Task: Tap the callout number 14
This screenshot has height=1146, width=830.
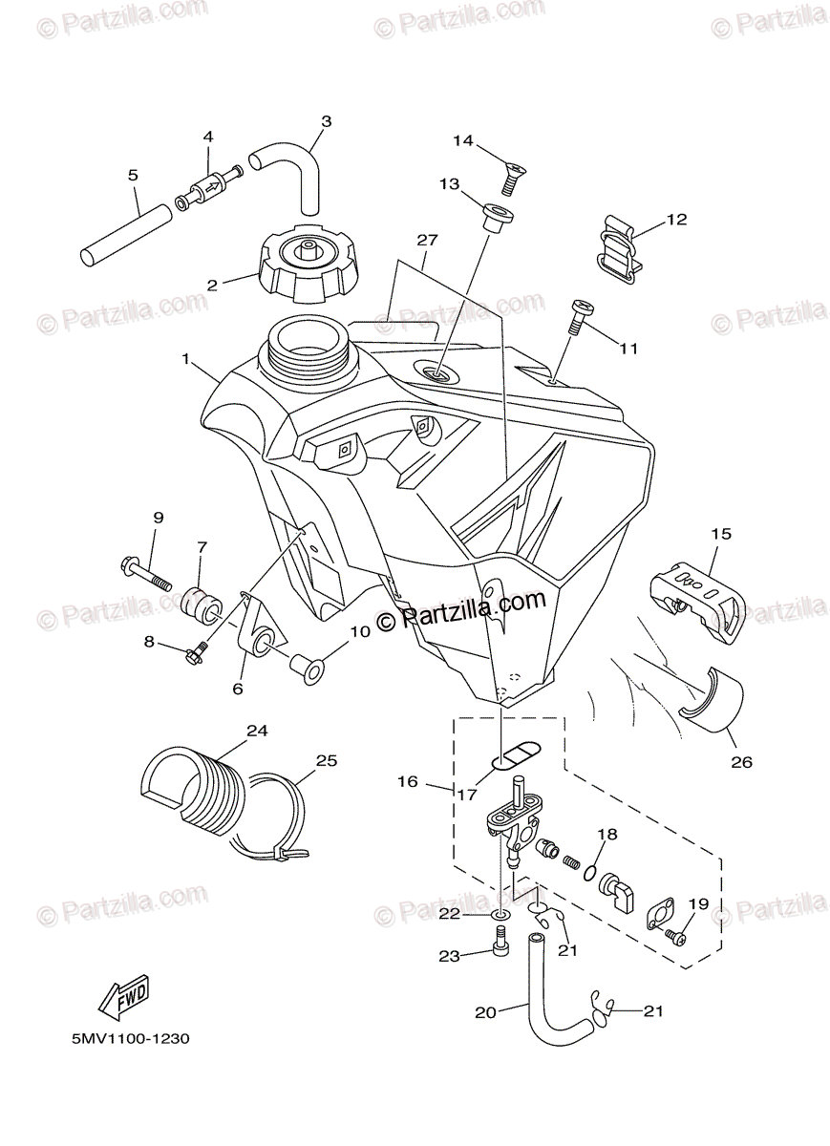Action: [x=463, y=141]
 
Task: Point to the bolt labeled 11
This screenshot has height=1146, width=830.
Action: [x=580, y=315]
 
